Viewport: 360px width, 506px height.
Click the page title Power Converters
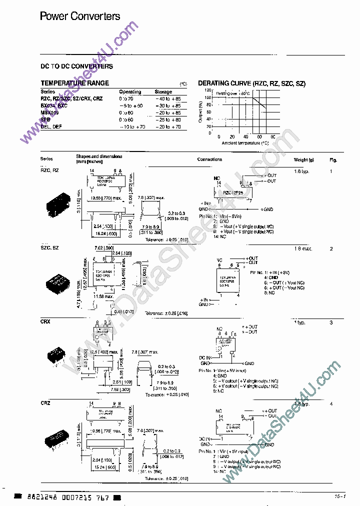[x=80, y=16]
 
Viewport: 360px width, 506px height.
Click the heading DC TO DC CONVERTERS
[x=76, y=66]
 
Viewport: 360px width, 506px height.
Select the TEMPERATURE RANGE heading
[x=74, y=83]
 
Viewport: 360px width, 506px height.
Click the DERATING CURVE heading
[x=251, y=83]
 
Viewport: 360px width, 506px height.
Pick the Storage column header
[x=163, y=92]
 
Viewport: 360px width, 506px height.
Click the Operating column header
[x=130, y=92]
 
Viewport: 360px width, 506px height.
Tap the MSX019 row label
[x=49, y=113]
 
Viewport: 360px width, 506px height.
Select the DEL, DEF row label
[x=51, y=127]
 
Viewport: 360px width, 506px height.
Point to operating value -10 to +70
[x=132, y=127]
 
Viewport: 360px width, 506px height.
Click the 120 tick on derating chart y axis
[x=209, y=90]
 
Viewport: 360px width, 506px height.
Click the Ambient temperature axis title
[x=245, y=143]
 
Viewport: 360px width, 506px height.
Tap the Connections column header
[x=209, y=159]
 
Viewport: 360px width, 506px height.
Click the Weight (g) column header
[x=303, y=160]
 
